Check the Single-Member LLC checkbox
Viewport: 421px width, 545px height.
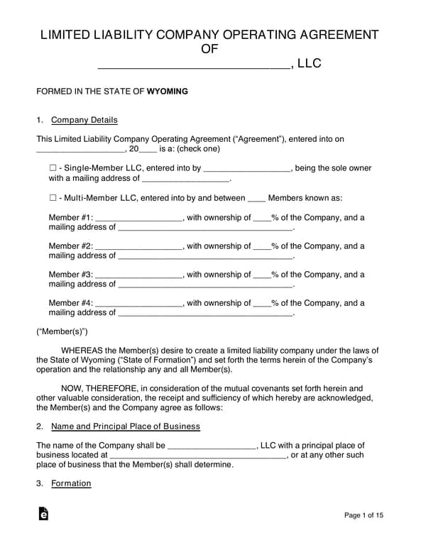53,169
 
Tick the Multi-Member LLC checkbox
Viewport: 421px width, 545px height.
53,198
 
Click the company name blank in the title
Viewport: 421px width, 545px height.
193,65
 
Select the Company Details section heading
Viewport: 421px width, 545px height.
84,120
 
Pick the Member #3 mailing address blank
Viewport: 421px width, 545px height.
205,285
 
